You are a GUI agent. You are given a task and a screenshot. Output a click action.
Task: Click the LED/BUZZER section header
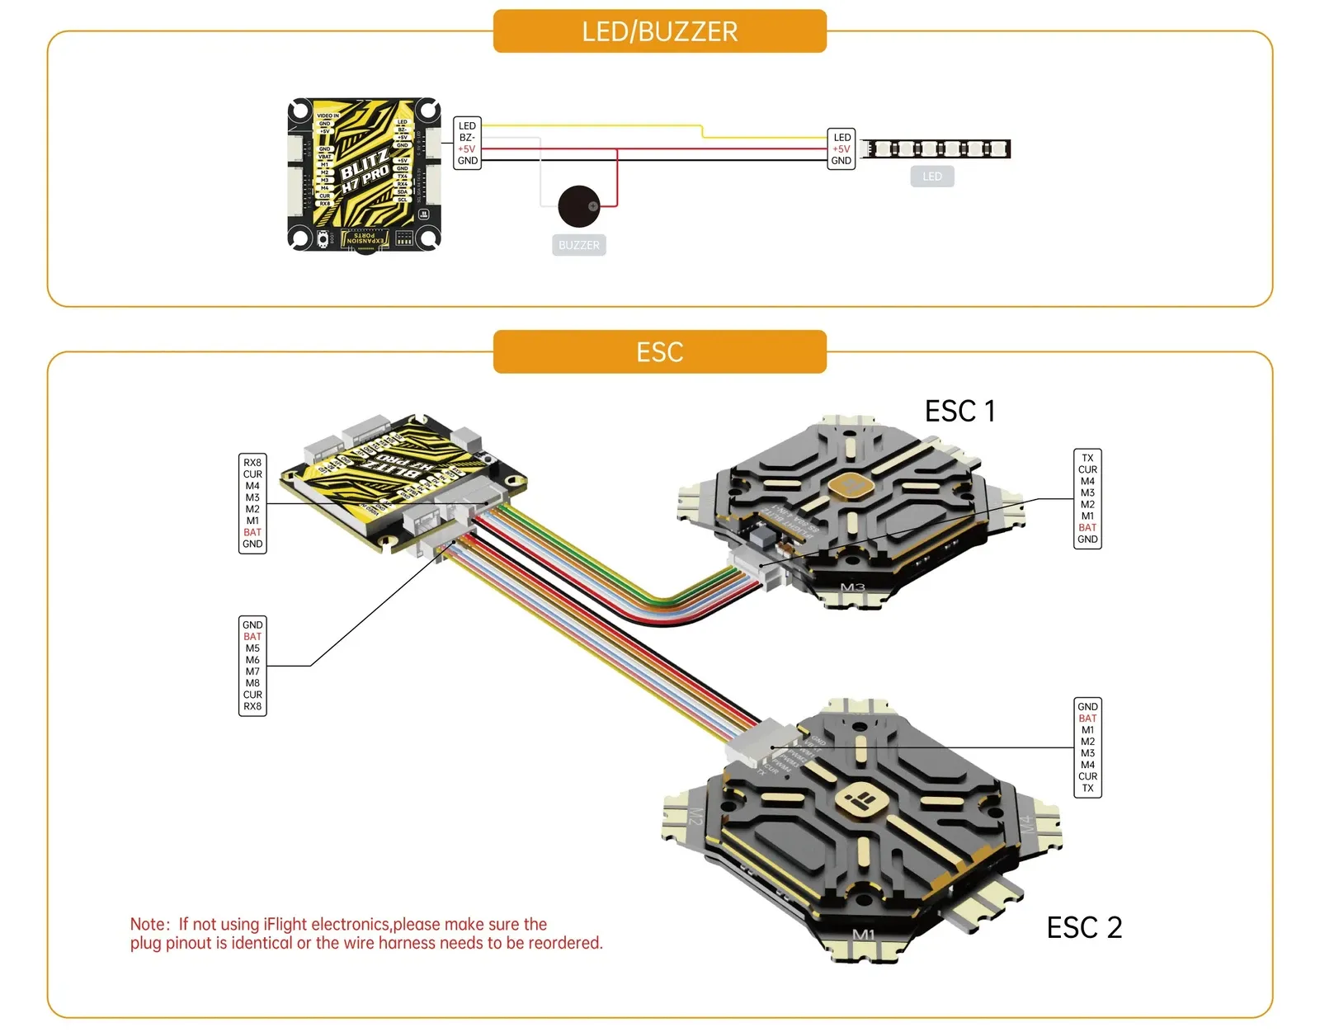(659, 31)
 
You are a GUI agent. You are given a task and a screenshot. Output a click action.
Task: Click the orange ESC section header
(659, 352)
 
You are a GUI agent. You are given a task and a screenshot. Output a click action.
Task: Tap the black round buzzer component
(578, 206)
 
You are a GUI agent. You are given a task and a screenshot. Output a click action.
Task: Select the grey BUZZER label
(578, 245)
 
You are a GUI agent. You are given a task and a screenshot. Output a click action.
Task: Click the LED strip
(936, 149)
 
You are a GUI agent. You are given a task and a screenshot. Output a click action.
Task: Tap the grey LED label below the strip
(932, 177)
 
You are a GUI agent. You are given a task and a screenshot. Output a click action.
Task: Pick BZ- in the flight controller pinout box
(467, 138)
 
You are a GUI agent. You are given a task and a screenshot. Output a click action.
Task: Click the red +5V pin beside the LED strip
(841, 149)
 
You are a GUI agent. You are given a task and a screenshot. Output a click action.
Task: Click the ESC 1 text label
(959, 411)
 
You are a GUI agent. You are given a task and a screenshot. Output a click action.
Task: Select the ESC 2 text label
(1084, 927)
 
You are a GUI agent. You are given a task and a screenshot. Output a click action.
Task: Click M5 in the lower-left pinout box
(252, 648)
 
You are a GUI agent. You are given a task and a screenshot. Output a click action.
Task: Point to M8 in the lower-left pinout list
(252, 683)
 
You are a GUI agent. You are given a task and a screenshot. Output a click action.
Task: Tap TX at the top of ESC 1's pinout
(1087, 458)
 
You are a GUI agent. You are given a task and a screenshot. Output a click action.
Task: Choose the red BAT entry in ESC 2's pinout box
(1087, 719)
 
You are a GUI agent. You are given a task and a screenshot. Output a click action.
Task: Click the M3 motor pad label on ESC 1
(852, 588)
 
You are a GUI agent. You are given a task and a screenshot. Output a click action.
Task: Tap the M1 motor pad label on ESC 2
(863, 935)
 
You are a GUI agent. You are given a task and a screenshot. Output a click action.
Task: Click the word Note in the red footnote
(148, 924)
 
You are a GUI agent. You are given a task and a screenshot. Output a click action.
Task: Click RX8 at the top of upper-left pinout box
(252, 463)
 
